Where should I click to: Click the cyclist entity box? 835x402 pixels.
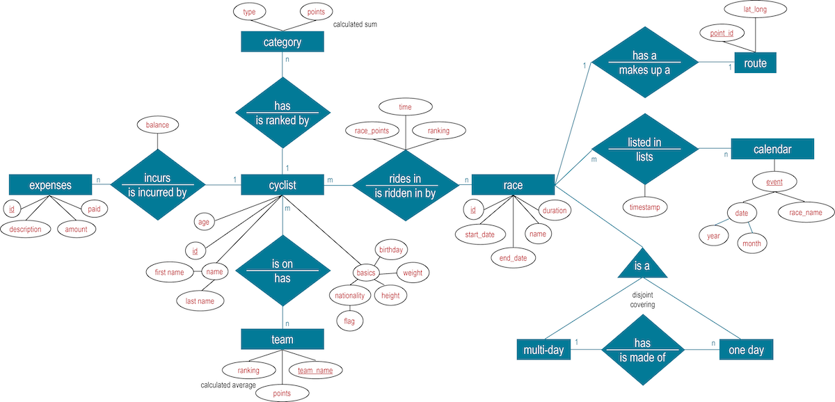point(283,184)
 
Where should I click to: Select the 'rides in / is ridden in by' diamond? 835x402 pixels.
point(404,184)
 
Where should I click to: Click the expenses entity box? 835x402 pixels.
point(50,184)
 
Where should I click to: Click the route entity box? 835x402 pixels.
point(755,63)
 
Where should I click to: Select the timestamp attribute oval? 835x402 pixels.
point(644,207)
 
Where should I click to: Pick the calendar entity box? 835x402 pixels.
point(772,149)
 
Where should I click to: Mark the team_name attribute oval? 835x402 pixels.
point(315,371)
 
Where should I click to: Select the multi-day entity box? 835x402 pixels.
point(543,349)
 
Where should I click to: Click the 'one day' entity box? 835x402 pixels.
point(746,349)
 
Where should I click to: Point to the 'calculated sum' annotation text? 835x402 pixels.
point(355,24)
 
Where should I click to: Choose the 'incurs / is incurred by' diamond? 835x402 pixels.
point(158,184)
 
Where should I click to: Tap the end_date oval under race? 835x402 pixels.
point(513,258)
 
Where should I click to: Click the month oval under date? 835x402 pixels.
point(751,243)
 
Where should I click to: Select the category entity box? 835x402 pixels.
point(283,42)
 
